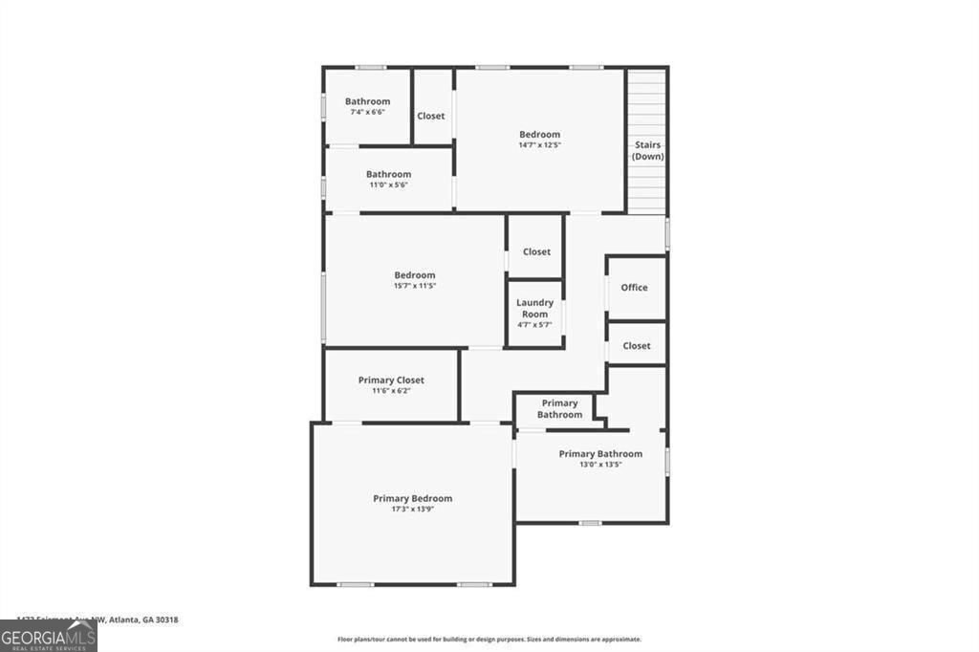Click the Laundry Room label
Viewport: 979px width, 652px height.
pos(534,308)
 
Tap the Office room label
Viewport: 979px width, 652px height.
pos(634,288)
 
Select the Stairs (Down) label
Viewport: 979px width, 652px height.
pos(647,151)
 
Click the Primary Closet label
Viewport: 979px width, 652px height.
pos(391,380)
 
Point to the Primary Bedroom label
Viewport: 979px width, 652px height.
pos(412,498)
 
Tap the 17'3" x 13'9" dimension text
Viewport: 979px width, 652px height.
pos(412,510)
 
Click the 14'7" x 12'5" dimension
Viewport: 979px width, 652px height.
pos(539,145)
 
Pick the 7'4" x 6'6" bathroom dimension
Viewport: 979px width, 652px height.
pos(367,112)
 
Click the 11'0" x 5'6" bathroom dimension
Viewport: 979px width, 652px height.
pos(388,185)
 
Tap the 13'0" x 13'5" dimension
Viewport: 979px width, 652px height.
pos(600,465)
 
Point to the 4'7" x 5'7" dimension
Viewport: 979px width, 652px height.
pos(534,324)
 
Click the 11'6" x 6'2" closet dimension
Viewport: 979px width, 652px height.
pos(391,391)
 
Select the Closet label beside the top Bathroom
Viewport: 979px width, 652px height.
pos(430,117)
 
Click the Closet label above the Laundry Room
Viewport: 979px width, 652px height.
pos(536,252)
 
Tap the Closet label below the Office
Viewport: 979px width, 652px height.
pos(636,346)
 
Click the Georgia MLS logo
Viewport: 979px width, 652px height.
pos(49,637)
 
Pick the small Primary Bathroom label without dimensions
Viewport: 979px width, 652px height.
pos(559,409)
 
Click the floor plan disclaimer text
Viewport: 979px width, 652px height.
pos(489,640)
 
